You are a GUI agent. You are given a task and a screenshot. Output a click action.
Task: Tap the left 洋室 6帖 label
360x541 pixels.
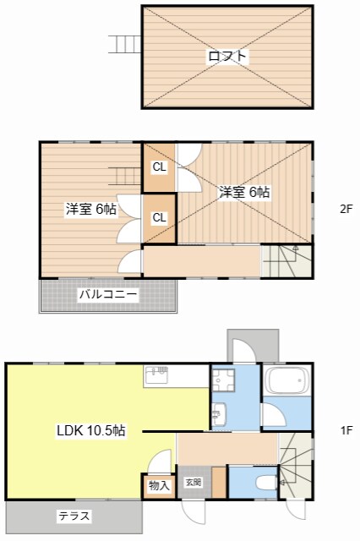point(91,209)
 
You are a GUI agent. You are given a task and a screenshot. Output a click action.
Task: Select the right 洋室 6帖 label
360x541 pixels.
point(245,192)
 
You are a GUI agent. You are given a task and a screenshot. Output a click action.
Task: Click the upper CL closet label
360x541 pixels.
point(159,167)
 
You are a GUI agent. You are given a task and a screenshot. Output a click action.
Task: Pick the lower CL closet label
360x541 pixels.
point(159,217)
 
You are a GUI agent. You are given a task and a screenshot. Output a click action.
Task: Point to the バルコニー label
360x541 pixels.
point(108,295)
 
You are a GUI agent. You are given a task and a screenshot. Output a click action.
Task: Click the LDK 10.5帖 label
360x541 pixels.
point(91,430)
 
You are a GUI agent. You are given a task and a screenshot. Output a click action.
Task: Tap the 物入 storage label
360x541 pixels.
point(159,485)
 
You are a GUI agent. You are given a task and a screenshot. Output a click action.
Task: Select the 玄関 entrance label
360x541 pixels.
point(193,483)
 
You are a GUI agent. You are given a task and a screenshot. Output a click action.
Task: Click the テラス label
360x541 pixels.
point(74,516)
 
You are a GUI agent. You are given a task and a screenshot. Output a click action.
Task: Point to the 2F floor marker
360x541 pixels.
point(346,209)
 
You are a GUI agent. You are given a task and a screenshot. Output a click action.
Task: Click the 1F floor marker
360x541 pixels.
point(346,430)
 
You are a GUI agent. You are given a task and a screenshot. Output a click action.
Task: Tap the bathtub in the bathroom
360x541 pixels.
point(287,383)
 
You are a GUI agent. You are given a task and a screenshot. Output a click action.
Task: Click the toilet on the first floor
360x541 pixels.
point(262,484)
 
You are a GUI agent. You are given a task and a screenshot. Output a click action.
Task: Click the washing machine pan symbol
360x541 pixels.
point(223,383)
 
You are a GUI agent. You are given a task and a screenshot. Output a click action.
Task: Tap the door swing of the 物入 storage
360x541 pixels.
point(157,463)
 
